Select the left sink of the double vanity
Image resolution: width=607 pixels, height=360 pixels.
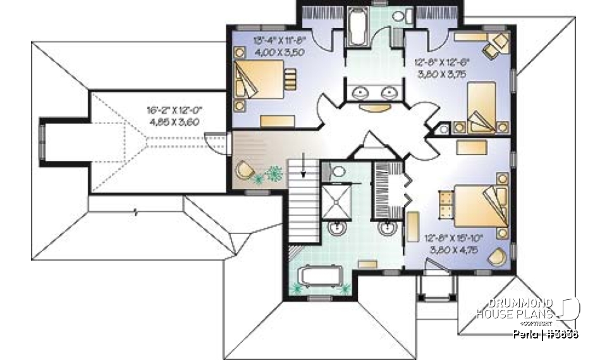(x=361, y=92)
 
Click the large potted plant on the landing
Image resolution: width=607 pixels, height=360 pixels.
(x=274, y=173)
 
